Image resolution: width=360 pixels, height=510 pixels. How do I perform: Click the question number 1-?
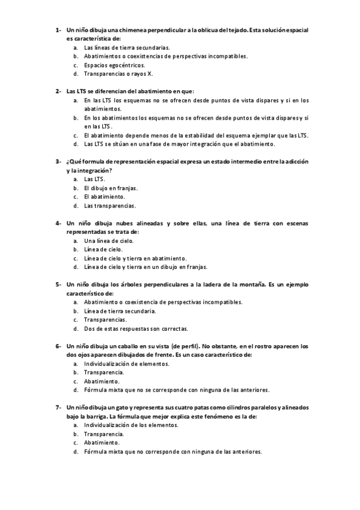pyautogui.click(x=58, y=29)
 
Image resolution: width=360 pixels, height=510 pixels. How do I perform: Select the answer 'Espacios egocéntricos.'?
pyautogui.click(x=114, y=65)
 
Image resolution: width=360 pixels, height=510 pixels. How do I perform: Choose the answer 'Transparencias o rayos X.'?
pyautogui.click(x=118, y=74)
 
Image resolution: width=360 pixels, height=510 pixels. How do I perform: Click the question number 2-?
pyautogui.click(x=58, y=91)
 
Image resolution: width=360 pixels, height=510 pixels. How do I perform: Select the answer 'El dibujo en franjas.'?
pyautogui.click(x=111, y=188)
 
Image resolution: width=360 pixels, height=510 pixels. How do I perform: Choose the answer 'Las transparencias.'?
pyautogui.click(x=110, y=205)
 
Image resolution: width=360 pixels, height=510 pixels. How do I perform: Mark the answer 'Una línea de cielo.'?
pyautogui.click(x=109, y=241)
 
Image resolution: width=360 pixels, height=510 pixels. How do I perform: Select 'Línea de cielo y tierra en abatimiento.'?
pyautogui.click(x=135, y=258)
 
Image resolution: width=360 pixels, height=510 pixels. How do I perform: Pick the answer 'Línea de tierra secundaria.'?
pyautogui.click(x=120, y=311)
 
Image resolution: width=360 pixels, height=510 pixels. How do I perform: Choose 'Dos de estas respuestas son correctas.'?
pyautogui.click(x=136, y=328)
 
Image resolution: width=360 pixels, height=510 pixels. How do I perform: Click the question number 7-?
pyautogui.click(x=58, y=407)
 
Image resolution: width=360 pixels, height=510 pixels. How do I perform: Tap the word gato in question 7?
pyautogui.click(x=121, y=407)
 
